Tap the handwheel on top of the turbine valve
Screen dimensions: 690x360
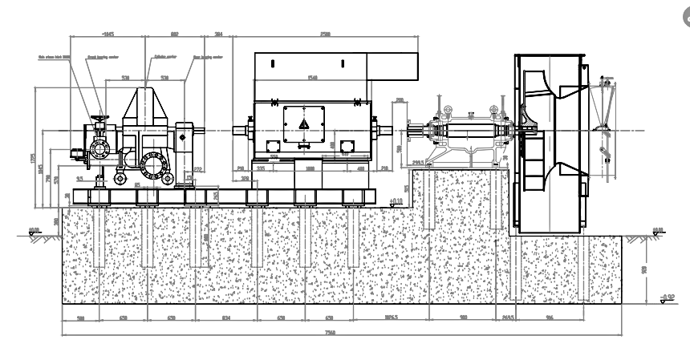(x=99, y=120)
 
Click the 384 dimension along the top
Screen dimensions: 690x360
(x=219, y=34)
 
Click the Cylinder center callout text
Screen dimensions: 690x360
(x=164, y=57)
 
